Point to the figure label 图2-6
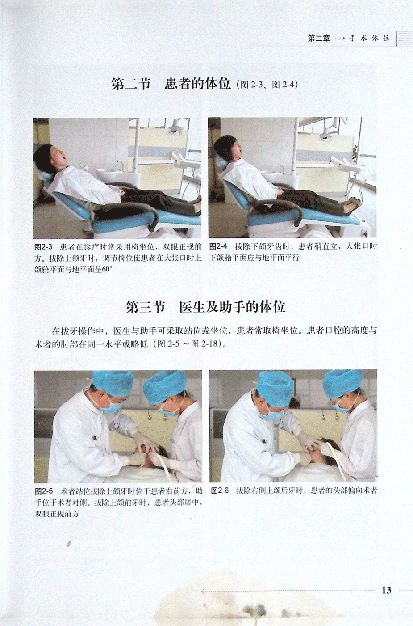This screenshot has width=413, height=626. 220,491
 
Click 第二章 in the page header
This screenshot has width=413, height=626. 319,38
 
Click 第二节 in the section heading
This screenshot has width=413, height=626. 131,84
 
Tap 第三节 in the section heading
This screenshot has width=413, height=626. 145,307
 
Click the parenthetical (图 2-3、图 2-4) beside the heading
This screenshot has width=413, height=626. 267,85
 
